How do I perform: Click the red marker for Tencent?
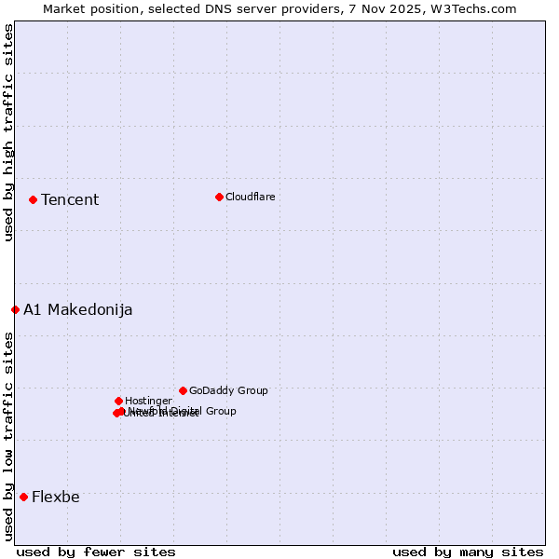click(x=33, y=199)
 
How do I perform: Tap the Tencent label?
click(x=70, y=200)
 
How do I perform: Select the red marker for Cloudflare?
click(x=219, y=197)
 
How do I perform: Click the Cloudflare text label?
click(x=250, y=197)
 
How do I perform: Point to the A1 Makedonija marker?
click(x=15, y=309)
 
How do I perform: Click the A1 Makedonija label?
click(x=77, y=310)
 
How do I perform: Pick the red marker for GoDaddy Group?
click(x=183, y=390)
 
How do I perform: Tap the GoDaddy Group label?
click(x=228, y=391)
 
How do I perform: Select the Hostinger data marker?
click(x=118, y=401)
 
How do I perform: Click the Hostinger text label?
click(x=148, y=402)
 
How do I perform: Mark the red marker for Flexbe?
click(x=23, y=497)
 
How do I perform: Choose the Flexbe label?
click(x=56, y=498)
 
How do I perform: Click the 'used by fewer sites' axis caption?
click(x=96, y=552)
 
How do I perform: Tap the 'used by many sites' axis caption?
click(x=468, y=552)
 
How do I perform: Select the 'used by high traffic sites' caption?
click(x=8, y=132)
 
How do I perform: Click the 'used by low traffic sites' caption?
click(x=8, y=436)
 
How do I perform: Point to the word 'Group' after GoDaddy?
click(x=252, y=391)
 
